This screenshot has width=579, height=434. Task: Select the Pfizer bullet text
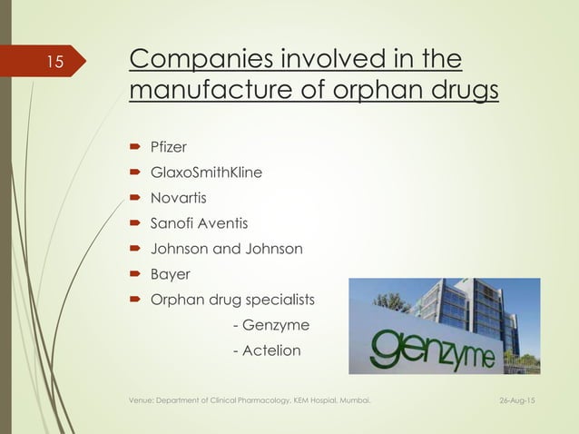click(x=169, y=146)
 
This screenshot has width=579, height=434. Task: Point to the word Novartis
click(x=179, y=197)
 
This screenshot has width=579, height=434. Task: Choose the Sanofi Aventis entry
click(x=199, y=222)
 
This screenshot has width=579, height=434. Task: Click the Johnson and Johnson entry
click(x=226, y=248)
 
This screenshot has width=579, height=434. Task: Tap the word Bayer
click(x=172, y=273)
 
